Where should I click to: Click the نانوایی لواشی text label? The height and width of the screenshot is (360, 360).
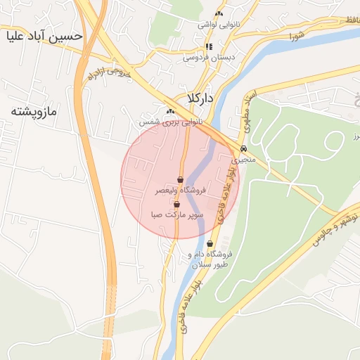(x=219, y=25)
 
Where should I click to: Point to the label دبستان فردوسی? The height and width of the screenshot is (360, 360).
(x=208, y=57)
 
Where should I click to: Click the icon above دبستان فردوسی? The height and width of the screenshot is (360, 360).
(x=208, y=47)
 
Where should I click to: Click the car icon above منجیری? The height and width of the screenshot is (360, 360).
(x=243, y=149)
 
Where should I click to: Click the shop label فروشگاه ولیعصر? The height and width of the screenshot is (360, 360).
(x=181, y=190)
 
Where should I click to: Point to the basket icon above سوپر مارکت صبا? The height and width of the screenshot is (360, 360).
(x=176, y=204)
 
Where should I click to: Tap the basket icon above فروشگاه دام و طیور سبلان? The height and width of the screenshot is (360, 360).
(x=210, y=243)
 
